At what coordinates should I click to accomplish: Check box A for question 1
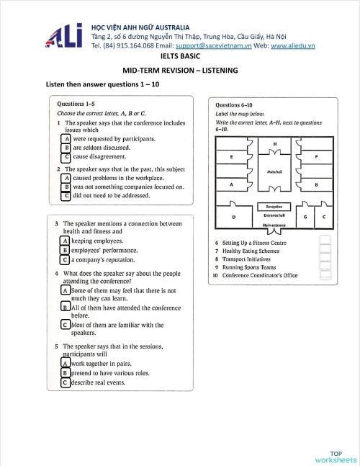pyautogui.click(x=66, y=138)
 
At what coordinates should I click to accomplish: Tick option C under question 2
pyautogui.click(x=66, y=195)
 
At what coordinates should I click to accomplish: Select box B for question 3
pyautogui.click(x=65, y=250)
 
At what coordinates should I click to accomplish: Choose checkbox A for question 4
pyautogui.click(x=66, y=290)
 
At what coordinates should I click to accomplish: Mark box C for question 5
pyautogui.click(x=65, y=382)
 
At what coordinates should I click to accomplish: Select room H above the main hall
pyautogui.click(x=274, y=144)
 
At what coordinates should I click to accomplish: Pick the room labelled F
pyautogui.click(x=318, y=156)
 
